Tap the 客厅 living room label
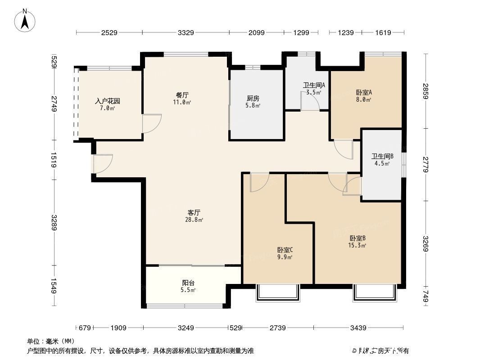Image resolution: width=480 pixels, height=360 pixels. (194, 212)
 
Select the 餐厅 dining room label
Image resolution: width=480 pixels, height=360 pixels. (182, 95)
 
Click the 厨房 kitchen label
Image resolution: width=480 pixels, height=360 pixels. (253, 99)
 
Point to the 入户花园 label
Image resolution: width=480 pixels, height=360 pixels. (107, 101)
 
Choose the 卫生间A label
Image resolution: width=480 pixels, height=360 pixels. (314, 85)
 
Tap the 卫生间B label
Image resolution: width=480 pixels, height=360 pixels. (382, 157)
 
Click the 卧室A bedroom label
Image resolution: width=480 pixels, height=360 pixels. (364, 93)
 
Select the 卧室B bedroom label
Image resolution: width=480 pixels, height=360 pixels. (357, 238)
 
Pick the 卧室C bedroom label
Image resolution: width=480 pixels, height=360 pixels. (285, 250)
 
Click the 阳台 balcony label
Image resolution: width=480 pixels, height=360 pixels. (188, 283)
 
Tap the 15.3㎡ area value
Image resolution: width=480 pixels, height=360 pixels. (357, 245)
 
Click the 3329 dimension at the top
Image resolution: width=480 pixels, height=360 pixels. (186, 32)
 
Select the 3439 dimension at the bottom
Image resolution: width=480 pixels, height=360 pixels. (358, 328)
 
